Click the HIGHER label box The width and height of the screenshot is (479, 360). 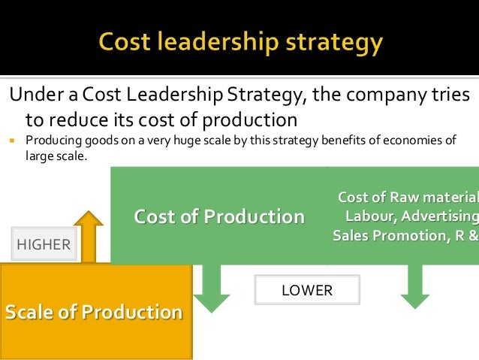(44, 244)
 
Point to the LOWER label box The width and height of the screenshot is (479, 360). (306, 290)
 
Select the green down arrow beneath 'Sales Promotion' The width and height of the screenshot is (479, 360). (414, 286)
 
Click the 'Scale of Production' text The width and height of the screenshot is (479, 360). (94, 312)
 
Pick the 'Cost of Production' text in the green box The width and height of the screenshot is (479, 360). (219, 216)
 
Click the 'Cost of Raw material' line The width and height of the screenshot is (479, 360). (408, 198)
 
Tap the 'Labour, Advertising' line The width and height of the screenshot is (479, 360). (411, 216)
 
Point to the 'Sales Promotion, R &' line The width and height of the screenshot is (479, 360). (405, 235)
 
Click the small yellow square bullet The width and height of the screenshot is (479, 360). (13, 141)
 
